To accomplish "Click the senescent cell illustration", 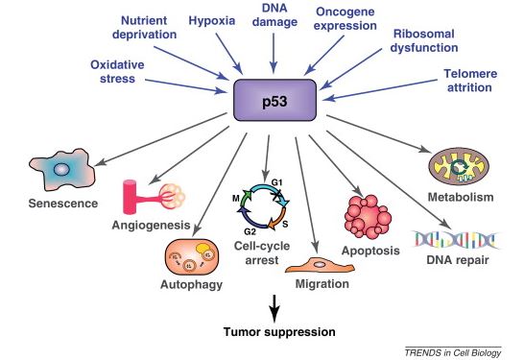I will [x=62, y=169].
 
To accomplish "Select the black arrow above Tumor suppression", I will [x=274, y=308].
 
